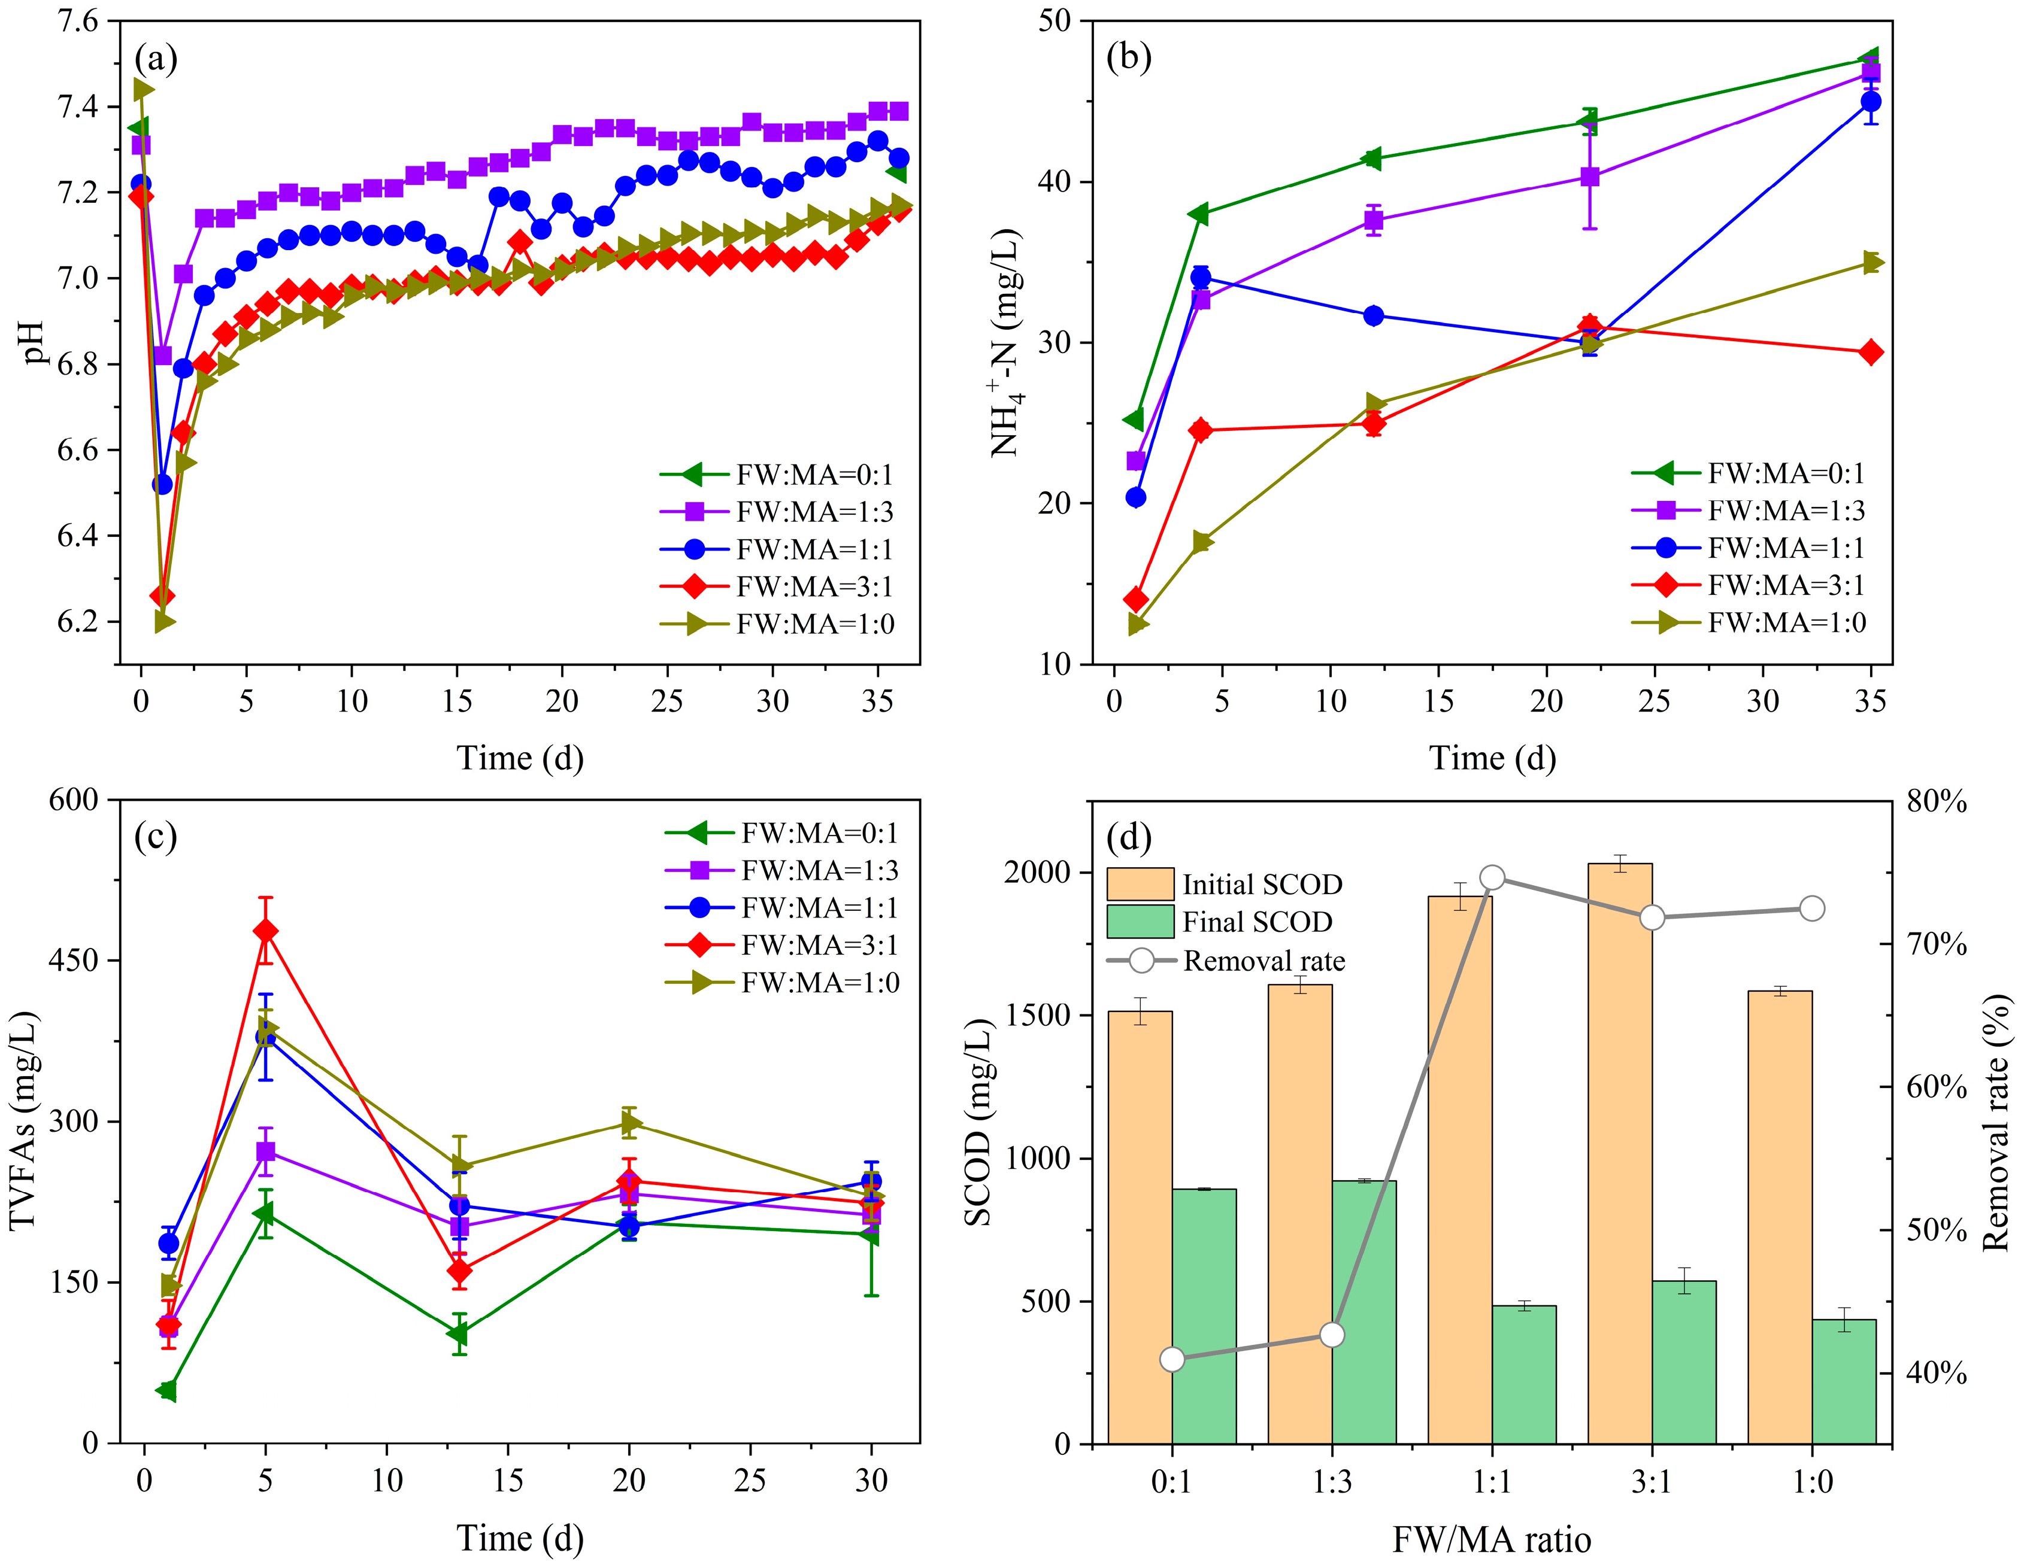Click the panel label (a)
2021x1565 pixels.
pyautogui.click(x=156, y=59)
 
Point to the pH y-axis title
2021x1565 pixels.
pyautogui.click(x=34, y=342)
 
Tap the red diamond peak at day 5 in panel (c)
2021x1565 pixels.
pyautogui.click(x=266, y=931)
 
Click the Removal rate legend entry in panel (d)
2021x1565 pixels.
pyautogui.click(x=1262, y=961)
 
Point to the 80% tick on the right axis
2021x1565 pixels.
pyautogui.click(x=1937, y=801)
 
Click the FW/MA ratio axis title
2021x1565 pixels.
pyautogui.click(x=1492, y=1540)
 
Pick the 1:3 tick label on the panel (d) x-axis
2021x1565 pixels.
pyautogui.click(x=1332, y=1482)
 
